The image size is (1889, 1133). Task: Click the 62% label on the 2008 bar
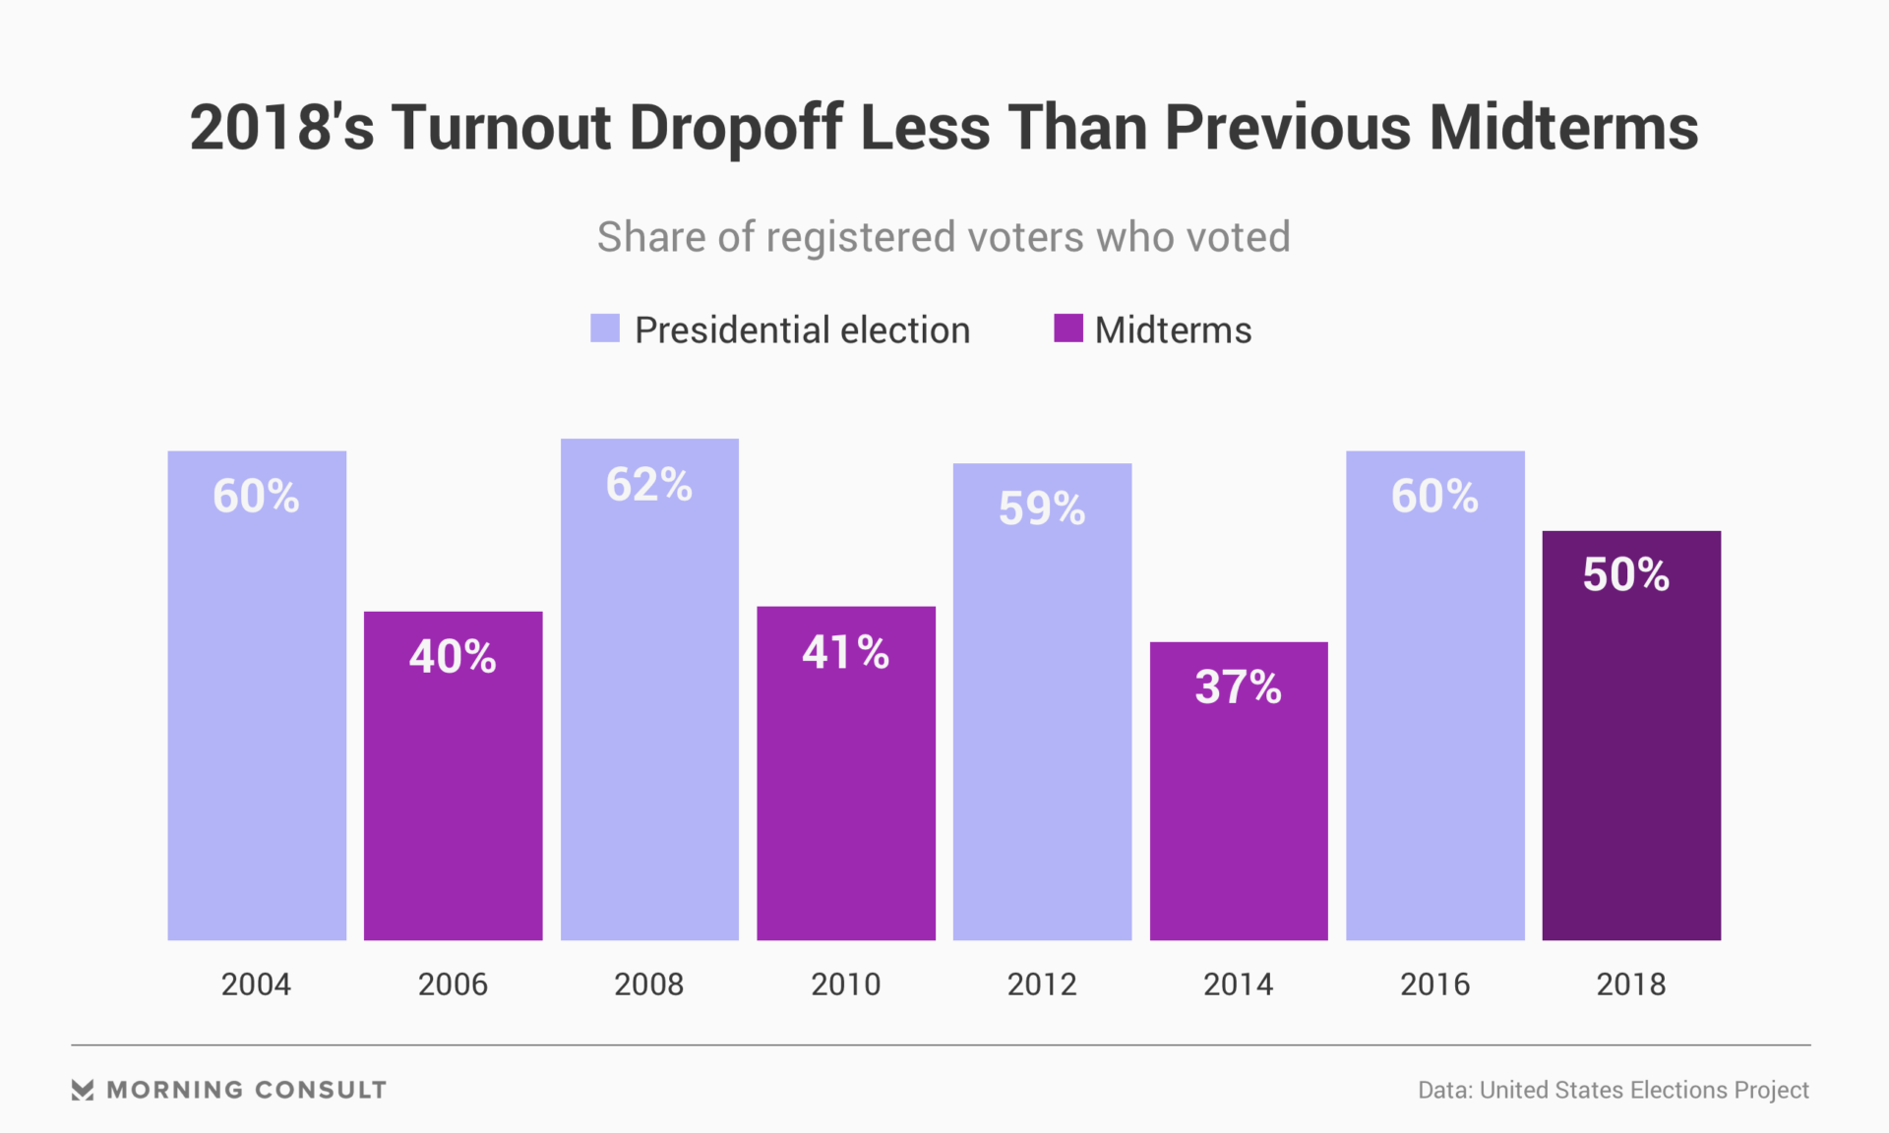coord(649,485)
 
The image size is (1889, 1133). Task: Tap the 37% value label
coord(1238,686)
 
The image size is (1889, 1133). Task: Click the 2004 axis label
coord(256,984)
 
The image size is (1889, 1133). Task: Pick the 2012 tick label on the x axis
coord(1042,984)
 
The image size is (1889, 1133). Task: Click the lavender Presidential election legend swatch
coord(605,328)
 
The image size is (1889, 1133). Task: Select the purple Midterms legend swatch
coord(1068,328)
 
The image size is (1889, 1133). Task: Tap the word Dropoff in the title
coord(735,128)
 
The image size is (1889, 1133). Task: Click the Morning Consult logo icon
coord(83,1090)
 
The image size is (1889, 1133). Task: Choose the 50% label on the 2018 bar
coord(1625,574)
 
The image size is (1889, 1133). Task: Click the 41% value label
coord(846,652)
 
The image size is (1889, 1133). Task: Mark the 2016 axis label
coord(1434,984)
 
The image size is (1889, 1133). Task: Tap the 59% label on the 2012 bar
coord(1042,508)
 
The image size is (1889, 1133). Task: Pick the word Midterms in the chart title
coord(1563,128)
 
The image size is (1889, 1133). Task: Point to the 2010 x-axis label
coord(845,984)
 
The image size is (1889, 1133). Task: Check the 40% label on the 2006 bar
coord(453,656)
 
